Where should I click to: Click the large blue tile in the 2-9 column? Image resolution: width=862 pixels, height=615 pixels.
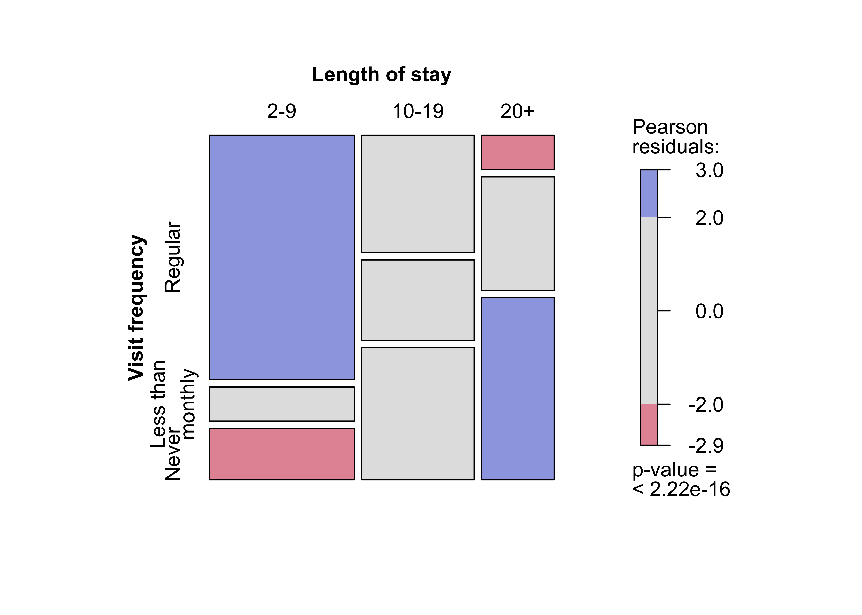click(x=282, y=257)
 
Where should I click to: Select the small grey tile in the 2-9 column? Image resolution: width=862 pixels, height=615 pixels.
click(x=282, y=404)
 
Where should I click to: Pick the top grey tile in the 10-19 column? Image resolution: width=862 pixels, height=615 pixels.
click(x=418, y=194)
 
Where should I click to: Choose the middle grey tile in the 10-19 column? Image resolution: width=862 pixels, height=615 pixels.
click(x=418, y=300)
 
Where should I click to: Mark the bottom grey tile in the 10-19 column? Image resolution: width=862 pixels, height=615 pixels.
click(x=418, y=413)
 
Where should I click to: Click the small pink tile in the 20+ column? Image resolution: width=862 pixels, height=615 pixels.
click(x=517, y=152)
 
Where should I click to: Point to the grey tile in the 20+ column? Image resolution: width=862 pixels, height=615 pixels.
click(x=517, y=233)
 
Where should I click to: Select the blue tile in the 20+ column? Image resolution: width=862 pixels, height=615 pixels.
click(x=517, y=388)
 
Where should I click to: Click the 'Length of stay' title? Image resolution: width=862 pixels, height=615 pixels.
click(x=381, y=75)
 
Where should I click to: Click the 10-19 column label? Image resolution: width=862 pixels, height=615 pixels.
click(x=418, y=111)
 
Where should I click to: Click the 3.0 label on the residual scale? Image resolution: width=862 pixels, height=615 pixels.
click(x=709, y=170)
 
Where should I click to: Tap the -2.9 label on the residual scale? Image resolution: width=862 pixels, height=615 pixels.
click(x=706, y=446)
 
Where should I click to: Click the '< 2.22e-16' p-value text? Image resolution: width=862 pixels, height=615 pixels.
click(x=681, y=489)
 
